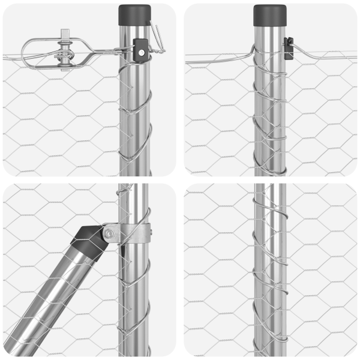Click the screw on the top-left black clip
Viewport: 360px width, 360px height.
[x=140, y=53]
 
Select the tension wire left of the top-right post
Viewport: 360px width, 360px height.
[x=216, y=56]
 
